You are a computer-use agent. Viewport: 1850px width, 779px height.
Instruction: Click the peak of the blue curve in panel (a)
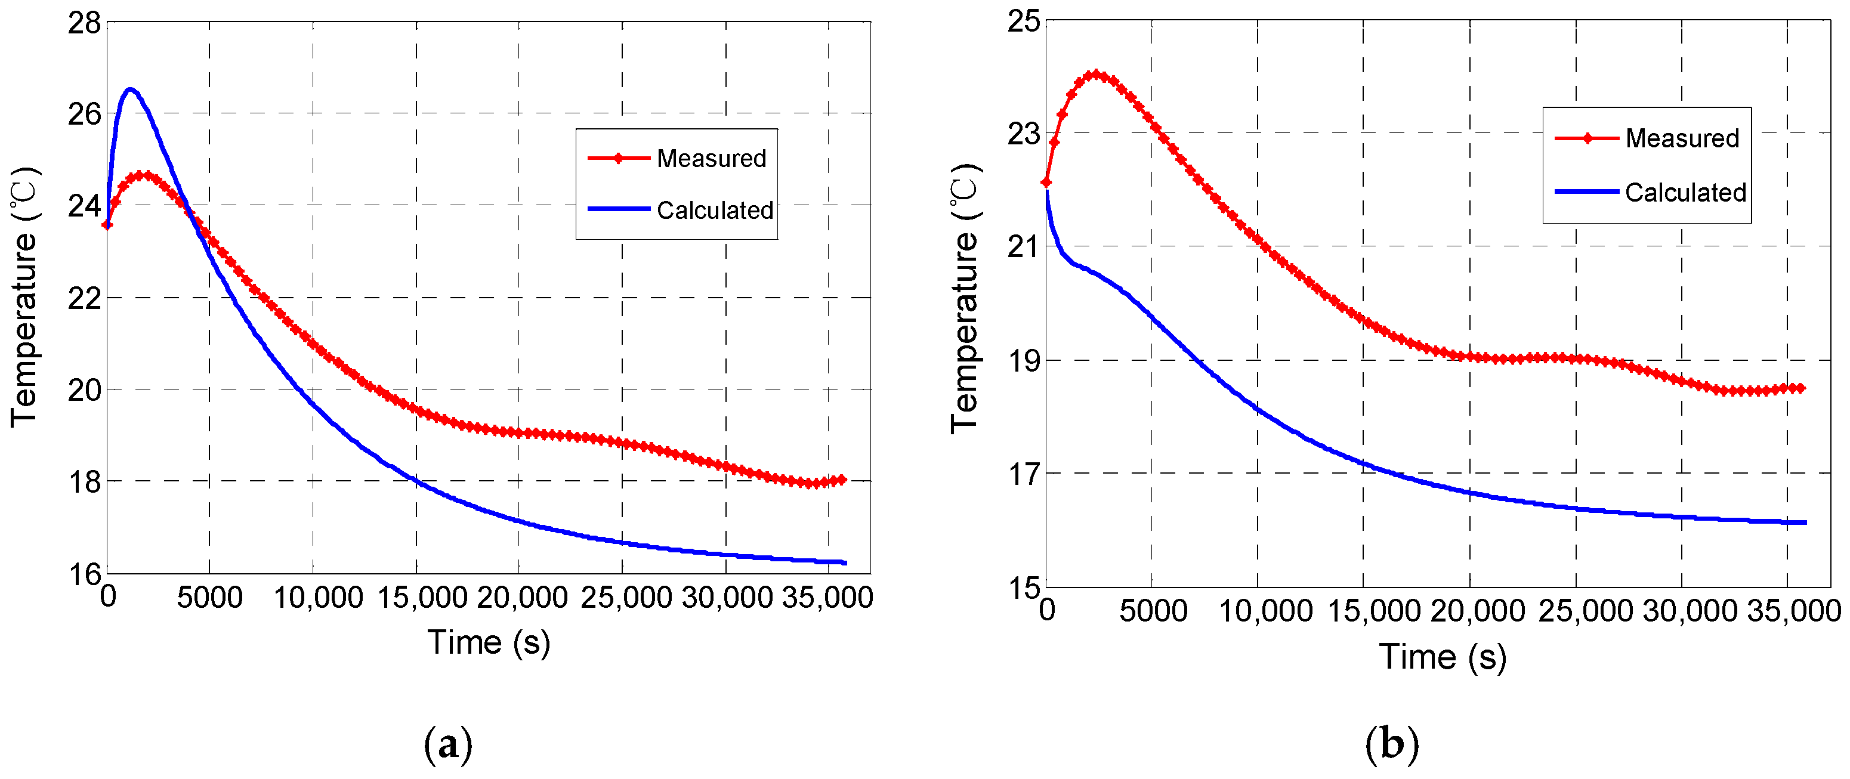click(x=130, y=89)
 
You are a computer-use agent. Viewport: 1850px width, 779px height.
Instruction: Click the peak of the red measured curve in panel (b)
click(x=1096, y=74)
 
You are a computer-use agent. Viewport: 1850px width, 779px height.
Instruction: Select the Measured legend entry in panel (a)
click(x=711, y=159)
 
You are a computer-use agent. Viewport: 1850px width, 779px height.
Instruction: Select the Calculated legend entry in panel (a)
click(x=715, y=211)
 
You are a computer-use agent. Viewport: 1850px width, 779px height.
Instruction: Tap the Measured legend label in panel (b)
click(x=1682, y=138)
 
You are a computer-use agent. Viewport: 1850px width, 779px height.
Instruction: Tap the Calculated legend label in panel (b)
click(x=1685, y=193)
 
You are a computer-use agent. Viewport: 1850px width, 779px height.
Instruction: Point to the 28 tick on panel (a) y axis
click(x=85, y=23)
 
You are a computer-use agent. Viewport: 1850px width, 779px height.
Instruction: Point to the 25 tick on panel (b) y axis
click(x=1023, y=21)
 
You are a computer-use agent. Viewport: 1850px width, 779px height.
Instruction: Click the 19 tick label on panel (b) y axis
click(x=1023, y=360)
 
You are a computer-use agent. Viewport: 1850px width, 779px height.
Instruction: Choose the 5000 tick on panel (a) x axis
click(x=210, y=597)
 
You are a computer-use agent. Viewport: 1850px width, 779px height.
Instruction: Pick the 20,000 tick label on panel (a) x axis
click(x=522, y=597)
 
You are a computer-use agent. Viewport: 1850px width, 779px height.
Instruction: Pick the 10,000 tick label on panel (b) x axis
click(x=1265, y=611)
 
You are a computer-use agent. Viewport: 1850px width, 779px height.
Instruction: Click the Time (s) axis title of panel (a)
click(x=489, y=642)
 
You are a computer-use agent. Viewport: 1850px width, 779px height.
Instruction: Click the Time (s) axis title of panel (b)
click(x=1442, y=657)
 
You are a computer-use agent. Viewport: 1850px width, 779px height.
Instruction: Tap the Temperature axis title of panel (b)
click(x=965, y=298)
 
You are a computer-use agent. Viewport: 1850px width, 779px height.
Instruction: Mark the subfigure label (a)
click(x=448, y=744)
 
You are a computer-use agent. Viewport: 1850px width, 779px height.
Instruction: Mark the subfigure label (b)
click(x=1392, y=743)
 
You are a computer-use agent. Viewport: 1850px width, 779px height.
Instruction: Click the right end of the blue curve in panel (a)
click(x=845, y=563)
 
